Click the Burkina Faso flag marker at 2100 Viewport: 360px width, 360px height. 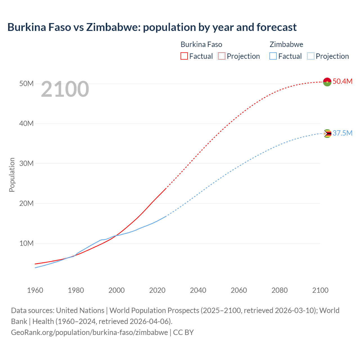click(x=327, y=82)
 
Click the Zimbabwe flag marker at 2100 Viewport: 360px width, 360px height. click(x=327, y=133)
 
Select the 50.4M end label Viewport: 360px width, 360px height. click(x=342, y=81)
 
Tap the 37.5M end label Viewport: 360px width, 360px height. click(x=342, y=133)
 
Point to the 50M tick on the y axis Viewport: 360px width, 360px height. click(x=26, y=84)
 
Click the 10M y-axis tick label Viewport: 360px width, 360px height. click(x=26, y=243)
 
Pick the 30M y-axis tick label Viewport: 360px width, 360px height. click(x=26, y=163)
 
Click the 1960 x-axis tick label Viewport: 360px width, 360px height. click(x=35, y=290)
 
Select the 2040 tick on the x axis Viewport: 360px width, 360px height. click(x=198, y=290)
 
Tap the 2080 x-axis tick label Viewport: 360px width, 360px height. click(x=280, y=290)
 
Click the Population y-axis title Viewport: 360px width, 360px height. click(x=12, y=175)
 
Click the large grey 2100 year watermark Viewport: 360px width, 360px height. click(x=65, y=89)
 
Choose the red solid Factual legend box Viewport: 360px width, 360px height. click(x=184, y=56)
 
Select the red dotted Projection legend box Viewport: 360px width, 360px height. click(x=222, y=56)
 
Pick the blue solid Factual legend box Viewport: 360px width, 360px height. click(x=273, y=56)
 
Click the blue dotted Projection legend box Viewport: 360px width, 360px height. click(x=311, y=56)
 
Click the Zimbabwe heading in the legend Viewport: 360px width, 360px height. click(x=286, y=44)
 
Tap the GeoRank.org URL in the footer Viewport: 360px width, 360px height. click(x=89, y=332)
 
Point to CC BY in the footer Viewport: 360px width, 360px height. click(x=183, y=332)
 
